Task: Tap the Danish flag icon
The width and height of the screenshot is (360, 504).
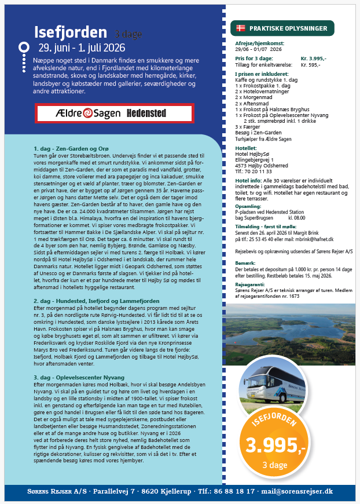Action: point(240,28)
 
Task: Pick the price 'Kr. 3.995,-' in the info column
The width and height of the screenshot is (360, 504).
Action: point(313,59)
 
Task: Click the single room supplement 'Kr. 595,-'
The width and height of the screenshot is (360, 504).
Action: point(310,64)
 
